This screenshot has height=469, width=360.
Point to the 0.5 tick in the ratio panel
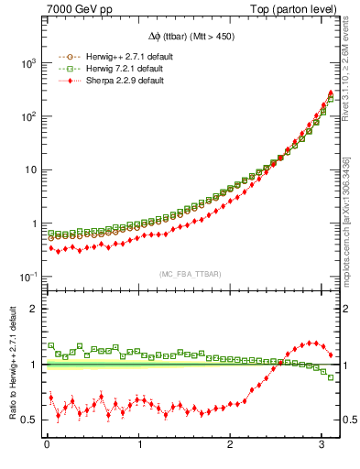31,420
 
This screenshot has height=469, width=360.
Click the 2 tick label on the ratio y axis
35,309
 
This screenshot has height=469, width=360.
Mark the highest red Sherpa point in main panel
330,93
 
